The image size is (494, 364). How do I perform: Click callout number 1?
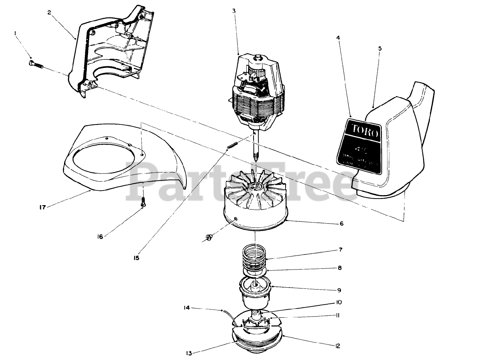(x=15, y=34)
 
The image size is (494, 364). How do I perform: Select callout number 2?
(x=49, y=12)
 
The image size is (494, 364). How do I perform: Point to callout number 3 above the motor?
(x=234, y=11)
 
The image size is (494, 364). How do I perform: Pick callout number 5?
(x=379, y=48)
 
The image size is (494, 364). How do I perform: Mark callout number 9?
(x=339, y=290)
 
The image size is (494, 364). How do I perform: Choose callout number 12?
(x=338, y=346)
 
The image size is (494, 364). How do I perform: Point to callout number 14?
(x=186, y=307)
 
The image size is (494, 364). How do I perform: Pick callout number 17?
(x=42, y=207)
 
